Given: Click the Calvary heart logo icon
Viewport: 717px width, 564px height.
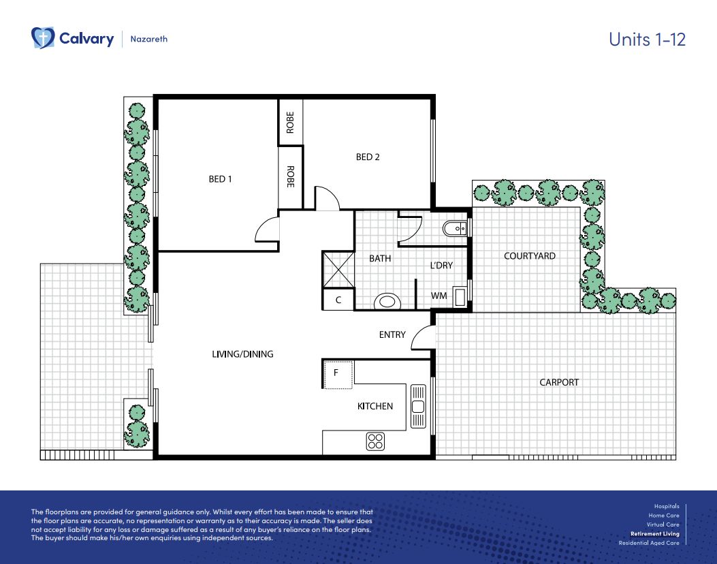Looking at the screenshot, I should (43, 38).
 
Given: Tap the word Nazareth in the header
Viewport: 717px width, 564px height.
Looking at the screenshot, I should (149, 39).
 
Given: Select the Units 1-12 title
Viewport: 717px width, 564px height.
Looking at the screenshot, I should (646, 39).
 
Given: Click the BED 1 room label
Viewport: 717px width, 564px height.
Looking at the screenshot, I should (220, 179).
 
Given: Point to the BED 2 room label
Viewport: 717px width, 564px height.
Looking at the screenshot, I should (368, 157).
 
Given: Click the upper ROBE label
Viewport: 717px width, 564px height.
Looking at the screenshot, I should (290, 122).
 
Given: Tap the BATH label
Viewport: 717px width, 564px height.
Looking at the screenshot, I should (380, 259).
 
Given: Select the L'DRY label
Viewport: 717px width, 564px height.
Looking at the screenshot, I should (441, 266).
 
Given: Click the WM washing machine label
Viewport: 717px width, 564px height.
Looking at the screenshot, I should (439, 296).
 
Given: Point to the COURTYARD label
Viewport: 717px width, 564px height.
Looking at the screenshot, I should (529, 256).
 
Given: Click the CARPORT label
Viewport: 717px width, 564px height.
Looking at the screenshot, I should (558, 382).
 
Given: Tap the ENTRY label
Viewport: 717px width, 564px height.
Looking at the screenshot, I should (392, 334).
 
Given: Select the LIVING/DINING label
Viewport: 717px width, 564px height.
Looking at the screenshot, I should (242, 354).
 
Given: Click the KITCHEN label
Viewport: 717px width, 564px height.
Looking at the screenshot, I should (375, 407).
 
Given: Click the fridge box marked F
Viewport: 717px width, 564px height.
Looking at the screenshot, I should (337, 373).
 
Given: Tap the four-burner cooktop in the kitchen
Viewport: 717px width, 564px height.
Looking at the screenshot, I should (375, 441).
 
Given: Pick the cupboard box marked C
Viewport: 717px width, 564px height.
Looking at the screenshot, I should (338, 300).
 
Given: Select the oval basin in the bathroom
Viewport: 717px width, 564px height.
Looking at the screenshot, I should (387, 300).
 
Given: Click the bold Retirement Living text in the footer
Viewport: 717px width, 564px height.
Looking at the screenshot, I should (654, 534).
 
